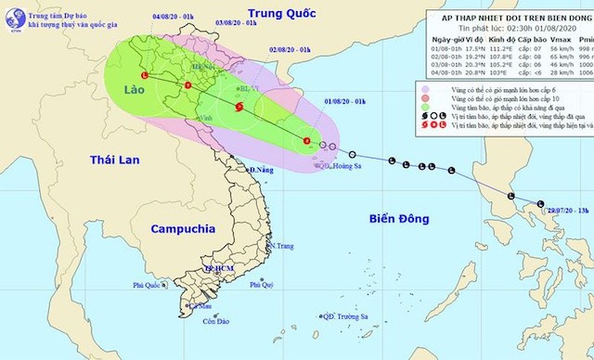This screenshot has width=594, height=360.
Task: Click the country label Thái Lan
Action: pos(114,161)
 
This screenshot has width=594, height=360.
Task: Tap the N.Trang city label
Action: pos(282,246)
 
